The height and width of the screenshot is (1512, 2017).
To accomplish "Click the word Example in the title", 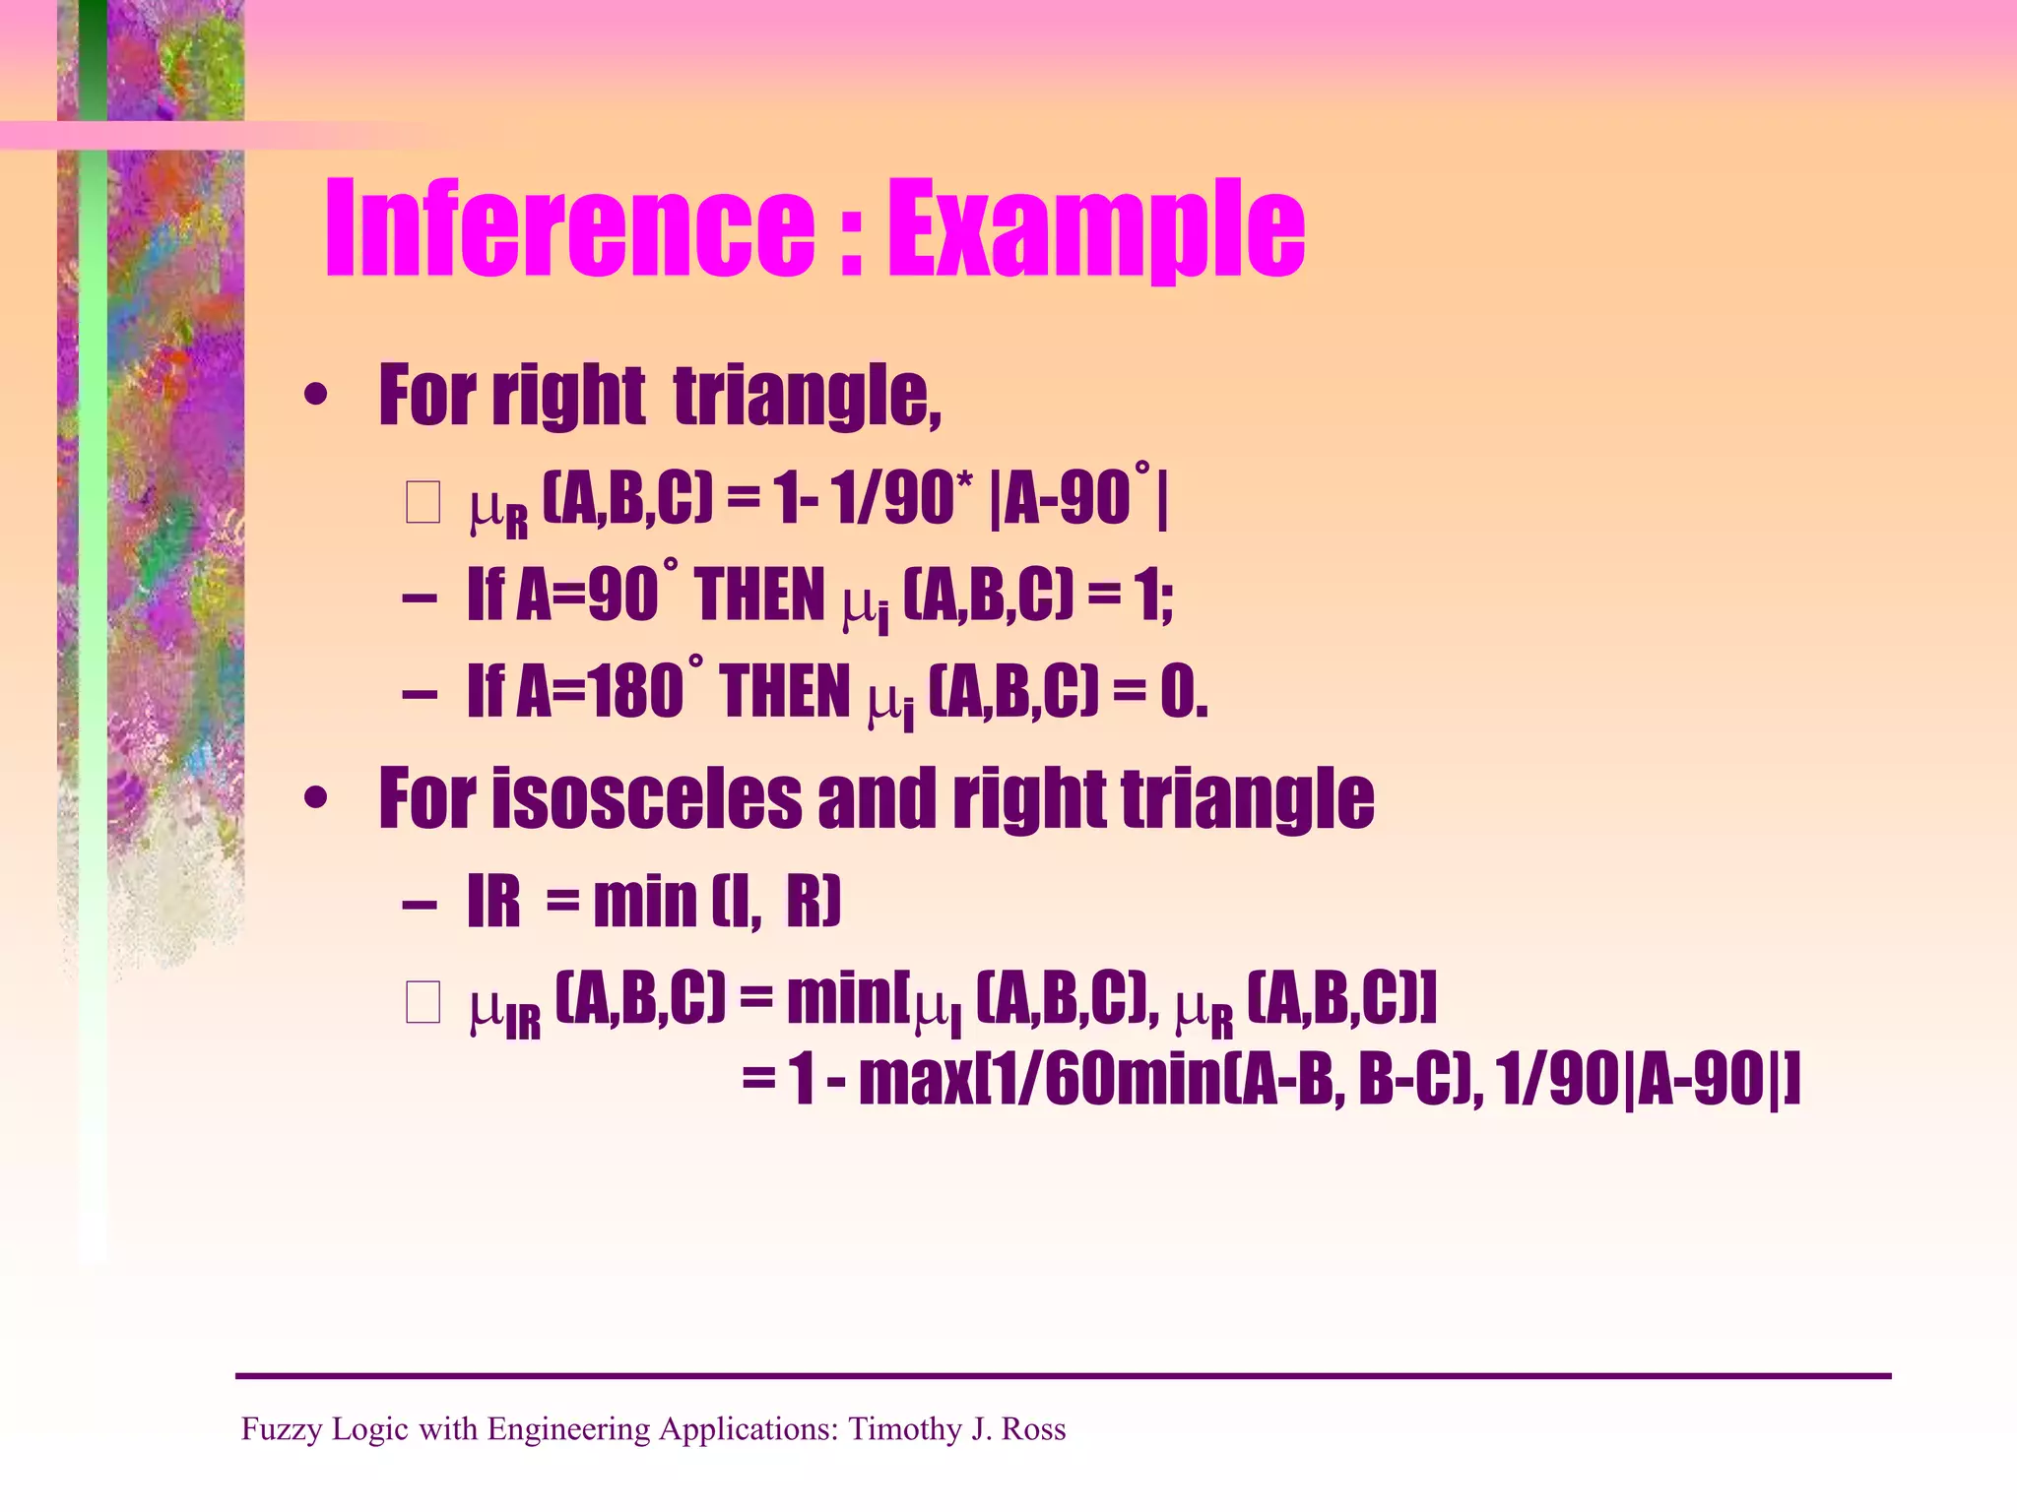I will pyautogui.click(x=1096, y=228).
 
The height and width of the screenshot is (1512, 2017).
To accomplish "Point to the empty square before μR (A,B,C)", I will pyautogui.click(x=423, y=503).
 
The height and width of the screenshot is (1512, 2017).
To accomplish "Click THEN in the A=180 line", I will pyautogui.click(x=785, y=692).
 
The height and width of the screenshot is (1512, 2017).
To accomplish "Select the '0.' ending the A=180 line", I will pyautogui.click(x=1183, y=692).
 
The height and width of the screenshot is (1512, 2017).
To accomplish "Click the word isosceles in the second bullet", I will pyautogui.click(x=647, y=799).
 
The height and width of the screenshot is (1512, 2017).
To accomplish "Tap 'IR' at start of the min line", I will pyautogui.click(x=493, y=902).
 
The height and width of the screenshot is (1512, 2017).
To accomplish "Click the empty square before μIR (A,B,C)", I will pyautogui.click(x=423, y=1004).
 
